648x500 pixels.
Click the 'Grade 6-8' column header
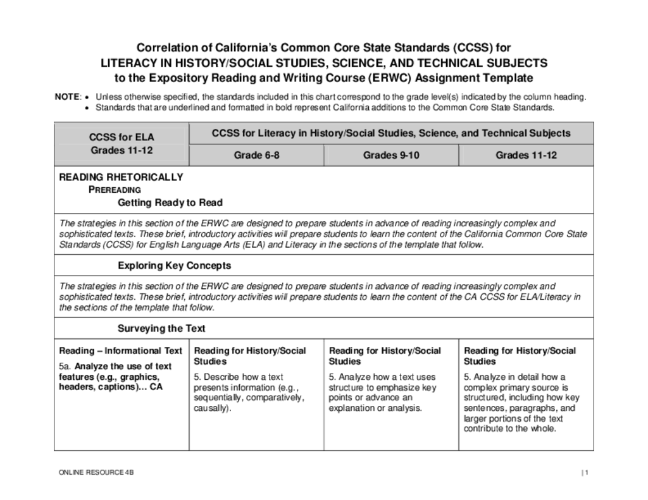point(256,155)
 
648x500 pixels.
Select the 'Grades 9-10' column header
point(391,155)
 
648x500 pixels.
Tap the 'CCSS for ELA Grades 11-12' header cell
point(121,143)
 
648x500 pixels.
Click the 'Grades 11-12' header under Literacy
point(526,155)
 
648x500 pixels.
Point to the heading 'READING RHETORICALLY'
point(121,177)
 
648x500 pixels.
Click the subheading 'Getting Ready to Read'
point(170,203)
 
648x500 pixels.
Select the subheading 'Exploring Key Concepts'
point(174,265)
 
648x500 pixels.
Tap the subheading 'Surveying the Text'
point(161,329)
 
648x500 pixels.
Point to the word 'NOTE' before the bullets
point(67,97)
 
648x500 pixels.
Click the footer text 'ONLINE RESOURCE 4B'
point(96,473)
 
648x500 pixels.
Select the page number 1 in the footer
point(586,473)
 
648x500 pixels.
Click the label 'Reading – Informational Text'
point(121,351)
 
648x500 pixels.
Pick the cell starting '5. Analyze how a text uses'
point(382,392)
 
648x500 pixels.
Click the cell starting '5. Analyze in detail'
point(521,402)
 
